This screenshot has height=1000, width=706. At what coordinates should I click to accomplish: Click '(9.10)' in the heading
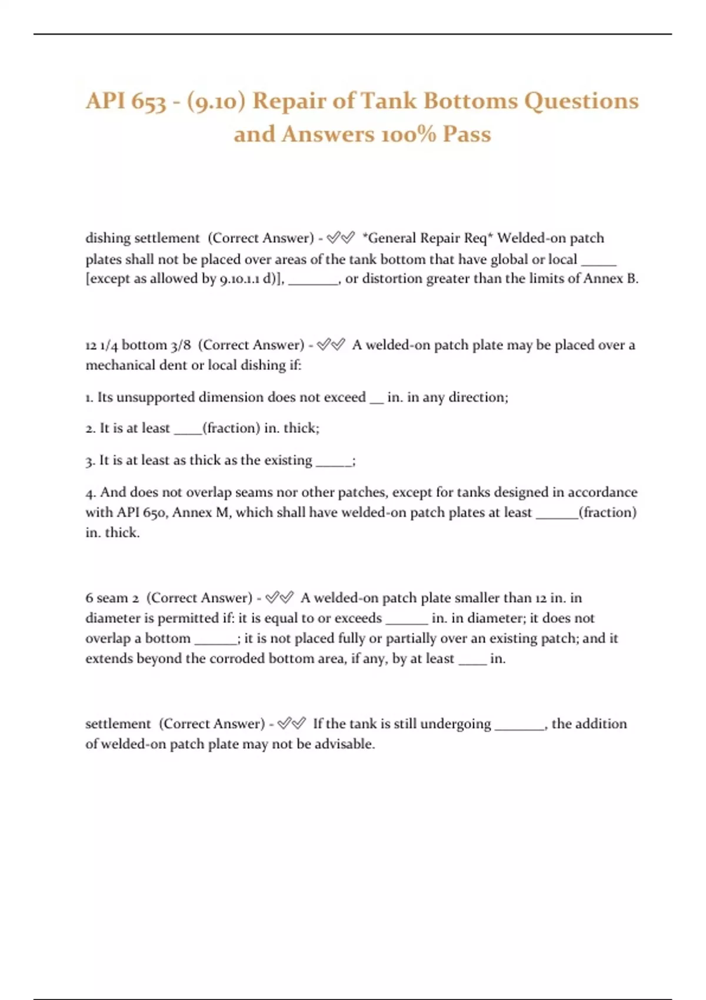[x=215, y=101]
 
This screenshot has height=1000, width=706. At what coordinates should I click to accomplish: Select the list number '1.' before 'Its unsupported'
[x=89, y=398]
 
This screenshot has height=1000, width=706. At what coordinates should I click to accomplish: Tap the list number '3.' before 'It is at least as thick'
[x=90, y=461]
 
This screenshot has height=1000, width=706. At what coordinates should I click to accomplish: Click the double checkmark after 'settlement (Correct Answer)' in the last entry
[x=291, y=724]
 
